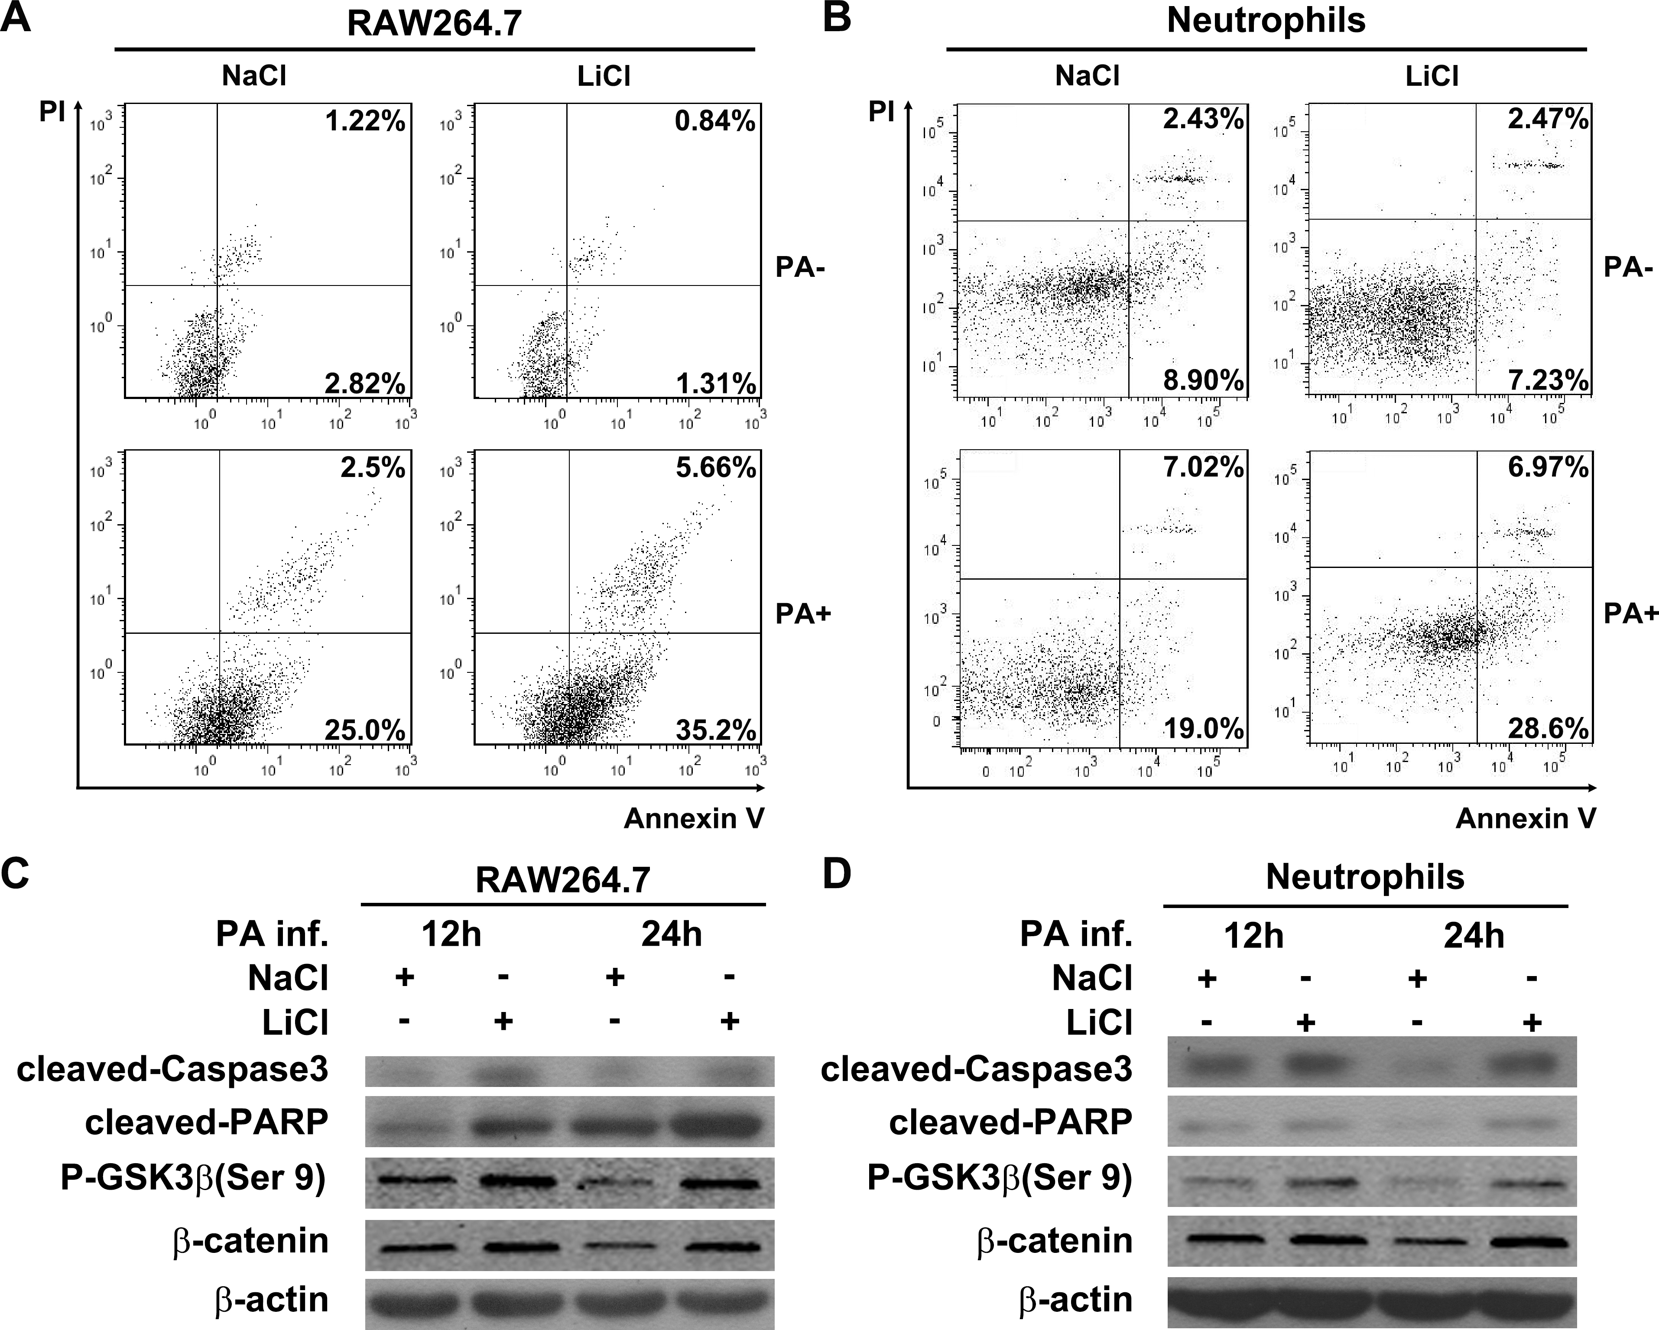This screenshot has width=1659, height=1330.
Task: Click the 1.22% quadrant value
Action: click(365, 122)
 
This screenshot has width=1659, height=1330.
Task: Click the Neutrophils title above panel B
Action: click(1266, 20)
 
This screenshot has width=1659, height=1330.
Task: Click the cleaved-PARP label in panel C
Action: click(206, 1122)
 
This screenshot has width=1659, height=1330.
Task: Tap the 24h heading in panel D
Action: click(1474, 935)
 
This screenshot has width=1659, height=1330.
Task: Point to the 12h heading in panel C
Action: click(451, 935)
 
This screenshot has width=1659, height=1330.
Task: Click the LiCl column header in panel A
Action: click(603, 76)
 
